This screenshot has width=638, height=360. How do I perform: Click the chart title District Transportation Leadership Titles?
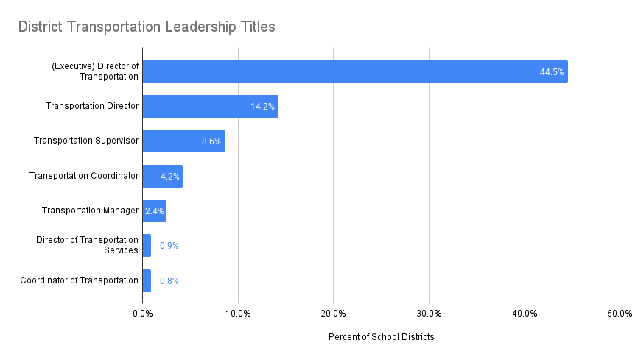point(146,27)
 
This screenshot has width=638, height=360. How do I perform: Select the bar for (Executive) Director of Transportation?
point(354,71)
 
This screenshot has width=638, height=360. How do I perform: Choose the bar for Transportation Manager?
point(154,211)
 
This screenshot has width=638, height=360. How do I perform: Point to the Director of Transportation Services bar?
point(147,245)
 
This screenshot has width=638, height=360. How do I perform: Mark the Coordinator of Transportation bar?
point(146,280)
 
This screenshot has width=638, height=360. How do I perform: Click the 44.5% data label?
point(552,72)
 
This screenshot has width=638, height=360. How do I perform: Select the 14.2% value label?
point(262,107)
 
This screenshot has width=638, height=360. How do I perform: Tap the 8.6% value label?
point(211,141)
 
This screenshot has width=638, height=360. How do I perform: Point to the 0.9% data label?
point(169,246)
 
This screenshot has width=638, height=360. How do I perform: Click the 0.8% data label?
point(169,280)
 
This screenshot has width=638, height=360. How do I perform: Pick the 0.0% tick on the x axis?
point(142,314)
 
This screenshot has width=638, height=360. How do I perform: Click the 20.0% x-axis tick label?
point(334,314)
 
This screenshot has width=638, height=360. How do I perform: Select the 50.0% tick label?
point(620,314)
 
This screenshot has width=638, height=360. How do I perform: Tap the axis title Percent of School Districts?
point(381,337)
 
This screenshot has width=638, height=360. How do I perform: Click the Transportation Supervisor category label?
point(86,141)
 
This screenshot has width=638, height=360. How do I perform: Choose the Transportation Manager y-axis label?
point(90,211)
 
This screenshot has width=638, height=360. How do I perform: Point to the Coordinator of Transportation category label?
point(80,280)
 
